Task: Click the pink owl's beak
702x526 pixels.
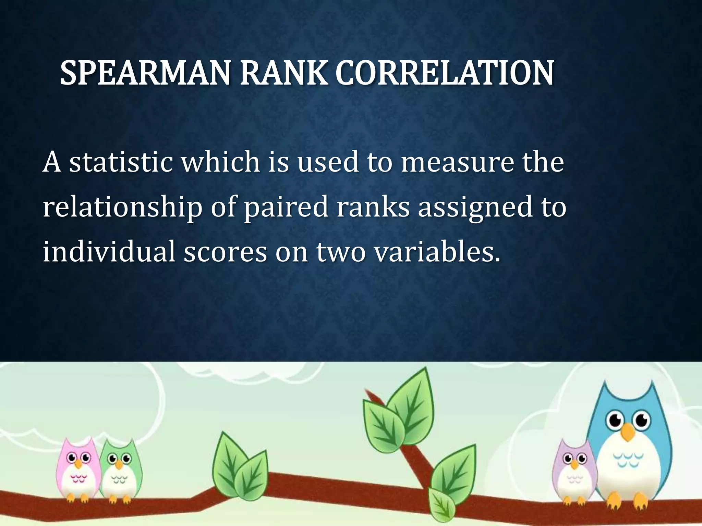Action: pyautogui.click(x=79, y=464)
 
